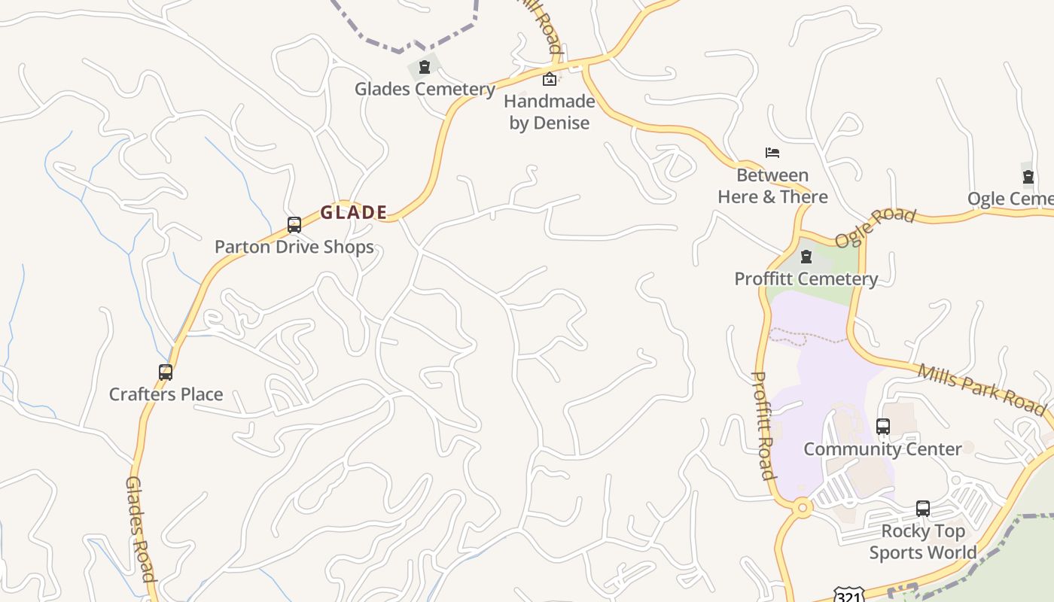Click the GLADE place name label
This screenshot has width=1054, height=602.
click(354, 213)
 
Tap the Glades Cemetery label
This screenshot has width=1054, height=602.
click(425, 90)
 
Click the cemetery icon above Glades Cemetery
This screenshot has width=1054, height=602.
click(425, 68)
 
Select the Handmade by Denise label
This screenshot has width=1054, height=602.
click(550, 112)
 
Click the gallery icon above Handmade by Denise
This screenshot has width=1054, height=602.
click(550, 79)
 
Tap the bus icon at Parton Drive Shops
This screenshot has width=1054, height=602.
click(294, 225)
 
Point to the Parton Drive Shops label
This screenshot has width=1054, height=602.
click(294, 247)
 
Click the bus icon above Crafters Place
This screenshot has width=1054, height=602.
click(166, 372)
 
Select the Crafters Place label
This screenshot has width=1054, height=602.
click(166, 394)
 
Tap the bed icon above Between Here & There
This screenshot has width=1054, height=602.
click(772, 153)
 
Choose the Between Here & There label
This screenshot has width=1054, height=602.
click(772, 186)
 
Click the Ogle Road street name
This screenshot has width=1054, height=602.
click(876, 227)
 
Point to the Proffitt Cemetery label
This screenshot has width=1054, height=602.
click(806, 279)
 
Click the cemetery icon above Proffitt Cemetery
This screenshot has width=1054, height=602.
click(806, 257)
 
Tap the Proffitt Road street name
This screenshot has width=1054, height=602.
click(763, 425)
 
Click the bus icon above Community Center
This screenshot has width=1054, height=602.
click(883, 427)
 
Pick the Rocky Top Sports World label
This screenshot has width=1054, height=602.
click(923, 542)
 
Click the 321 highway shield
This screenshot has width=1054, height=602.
click(848, 594)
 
